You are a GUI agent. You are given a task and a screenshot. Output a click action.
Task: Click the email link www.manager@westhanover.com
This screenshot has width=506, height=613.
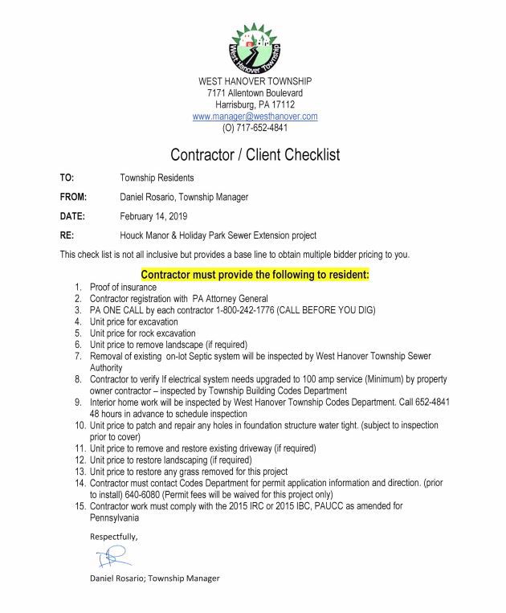click(x=255, y=116)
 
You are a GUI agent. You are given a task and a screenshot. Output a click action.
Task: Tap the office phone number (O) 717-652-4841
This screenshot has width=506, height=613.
click(x=255, y=128)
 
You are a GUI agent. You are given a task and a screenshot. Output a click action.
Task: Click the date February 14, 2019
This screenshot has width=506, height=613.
click(x=155, y=216)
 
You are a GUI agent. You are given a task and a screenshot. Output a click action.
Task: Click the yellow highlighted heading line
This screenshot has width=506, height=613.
click(x=255, y=275)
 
